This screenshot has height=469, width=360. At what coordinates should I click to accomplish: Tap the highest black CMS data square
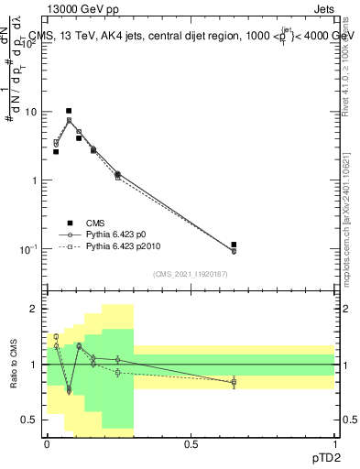[69, 111]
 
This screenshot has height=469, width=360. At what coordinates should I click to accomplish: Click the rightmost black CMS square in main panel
[234, 245]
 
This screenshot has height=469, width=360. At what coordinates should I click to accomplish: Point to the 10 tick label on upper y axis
[34, 112]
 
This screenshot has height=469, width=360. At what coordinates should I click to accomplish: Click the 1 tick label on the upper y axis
[37, 180]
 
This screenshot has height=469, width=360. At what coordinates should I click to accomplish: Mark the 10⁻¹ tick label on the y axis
[31, 248]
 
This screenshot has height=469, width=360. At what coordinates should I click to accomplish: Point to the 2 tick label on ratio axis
[37, 309]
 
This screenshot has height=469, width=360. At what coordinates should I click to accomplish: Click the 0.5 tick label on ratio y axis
[32, 420]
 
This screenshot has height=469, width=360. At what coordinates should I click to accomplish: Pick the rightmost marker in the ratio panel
[234, 382]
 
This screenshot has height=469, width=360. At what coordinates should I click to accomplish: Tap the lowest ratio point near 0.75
[69, 390]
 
